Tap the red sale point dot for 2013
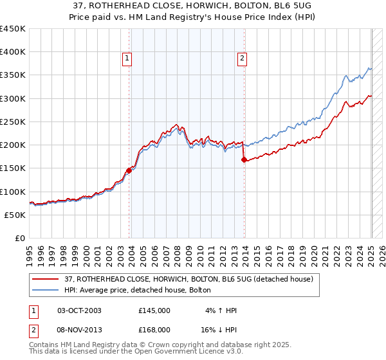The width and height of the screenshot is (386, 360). (x=244, y=160)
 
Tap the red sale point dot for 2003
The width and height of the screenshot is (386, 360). (x=129, y=170)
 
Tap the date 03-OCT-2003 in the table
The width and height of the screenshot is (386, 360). (x=79, y=310)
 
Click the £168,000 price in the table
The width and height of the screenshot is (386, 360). (x=154, y=329)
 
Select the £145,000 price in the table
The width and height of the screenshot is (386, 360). (x=154, y=310)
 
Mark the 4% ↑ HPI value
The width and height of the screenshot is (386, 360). (x=221, y=310)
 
